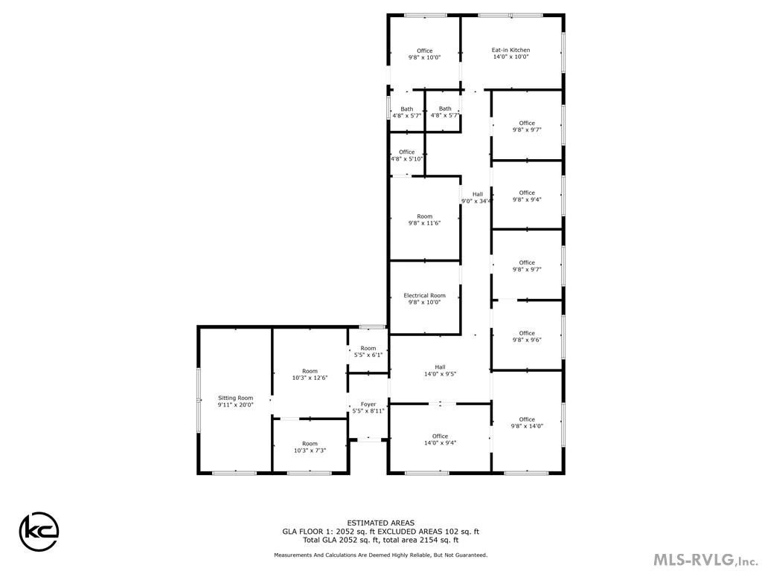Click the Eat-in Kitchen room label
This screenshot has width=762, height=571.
click(510, 50)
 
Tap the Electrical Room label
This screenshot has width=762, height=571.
click(424, 295)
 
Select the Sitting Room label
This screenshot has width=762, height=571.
click(235, 398)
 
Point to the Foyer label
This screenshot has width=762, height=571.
click(368, 404)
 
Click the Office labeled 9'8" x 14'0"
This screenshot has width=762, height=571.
click(527, 422)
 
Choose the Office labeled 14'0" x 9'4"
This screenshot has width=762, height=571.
click(440, 439)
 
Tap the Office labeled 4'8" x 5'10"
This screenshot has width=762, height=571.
click(406, 155)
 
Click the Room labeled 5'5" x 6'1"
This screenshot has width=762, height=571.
click(368, 352)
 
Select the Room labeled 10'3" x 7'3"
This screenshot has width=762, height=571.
click(310, 447)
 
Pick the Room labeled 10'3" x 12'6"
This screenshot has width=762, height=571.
click(310, 375)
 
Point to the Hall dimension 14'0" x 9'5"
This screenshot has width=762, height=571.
click(440, 374)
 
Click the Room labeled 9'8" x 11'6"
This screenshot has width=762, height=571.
click(424, 219)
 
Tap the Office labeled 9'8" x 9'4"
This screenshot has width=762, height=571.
click(527, 196)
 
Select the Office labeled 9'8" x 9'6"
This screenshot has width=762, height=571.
click(527, 337)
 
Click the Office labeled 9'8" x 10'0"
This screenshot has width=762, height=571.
click(424, 54)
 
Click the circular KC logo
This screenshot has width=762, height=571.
click(39, 531)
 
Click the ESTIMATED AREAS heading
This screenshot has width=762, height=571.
click(380, 523)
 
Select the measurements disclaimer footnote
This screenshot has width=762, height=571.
click(380, 555)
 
